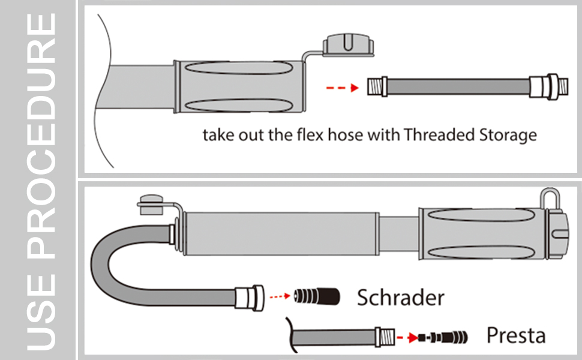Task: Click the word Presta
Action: (515, 335)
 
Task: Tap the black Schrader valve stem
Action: (317, 296)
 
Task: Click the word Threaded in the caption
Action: (437, 134)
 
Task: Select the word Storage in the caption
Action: (506, 134)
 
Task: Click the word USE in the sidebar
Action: (43, 313)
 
